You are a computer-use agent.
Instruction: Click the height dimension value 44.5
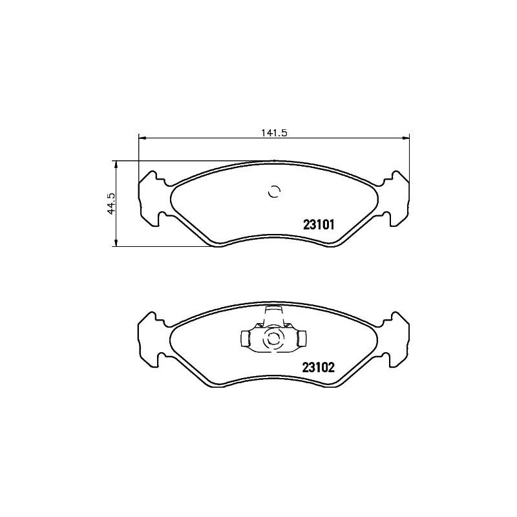tap(111, 203)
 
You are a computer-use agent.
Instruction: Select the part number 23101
tap(318, 226)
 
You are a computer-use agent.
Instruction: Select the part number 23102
tap(317, 368)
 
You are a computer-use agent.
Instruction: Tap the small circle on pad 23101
tap(273, 191)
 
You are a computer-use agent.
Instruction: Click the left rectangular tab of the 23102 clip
tap(246, 338)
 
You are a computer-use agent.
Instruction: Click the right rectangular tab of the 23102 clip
tap(301, 338)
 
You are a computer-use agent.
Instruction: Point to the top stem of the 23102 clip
tap(273, 314)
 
